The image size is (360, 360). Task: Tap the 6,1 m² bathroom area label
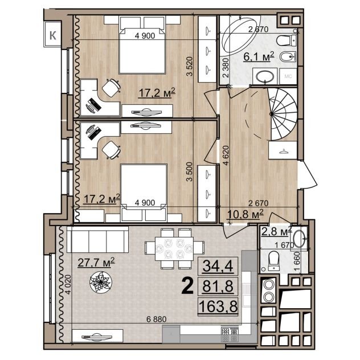[x=259, y=56]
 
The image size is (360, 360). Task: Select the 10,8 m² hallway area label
[x=245, y=214]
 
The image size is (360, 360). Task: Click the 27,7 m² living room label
[x=96, y=262]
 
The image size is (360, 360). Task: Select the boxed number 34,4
[x=218, y=266]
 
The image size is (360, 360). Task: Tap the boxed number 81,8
[x=218, y=286]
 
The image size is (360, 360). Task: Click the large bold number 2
[x=187, y=286]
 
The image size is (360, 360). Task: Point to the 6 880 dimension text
[x=156, y=319]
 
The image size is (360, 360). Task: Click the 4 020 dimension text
[x=68, y=285]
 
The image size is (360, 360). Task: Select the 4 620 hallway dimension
[x=226, y=156]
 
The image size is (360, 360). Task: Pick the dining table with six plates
[x=174, y=249]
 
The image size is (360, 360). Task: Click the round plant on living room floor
[x=101, y=282]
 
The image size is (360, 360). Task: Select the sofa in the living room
[x=97, y=239]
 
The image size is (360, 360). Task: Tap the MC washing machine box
[x=288, y=76]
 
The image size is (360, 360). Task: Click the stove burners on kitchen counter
[x=230, y=334]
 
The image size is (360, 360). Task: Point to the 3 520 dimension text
[x=190, y=66]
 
